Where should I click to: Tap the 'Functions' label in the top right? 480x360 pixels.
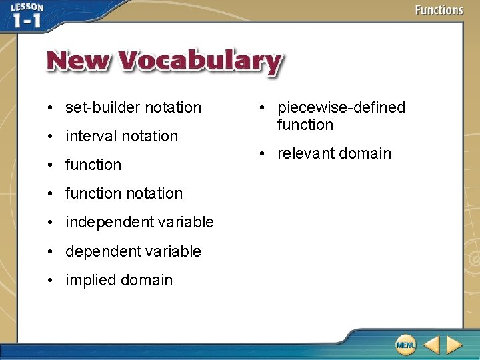point(438,10)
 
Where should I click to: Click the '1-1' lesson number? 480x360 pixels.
point(27,21)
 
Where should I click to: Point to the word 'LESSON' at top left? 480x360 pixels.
point(27,7)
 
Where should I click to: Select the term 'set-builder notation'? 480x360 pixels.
point(133,107)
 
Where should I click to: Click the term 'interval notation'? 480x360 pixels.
point(121,136)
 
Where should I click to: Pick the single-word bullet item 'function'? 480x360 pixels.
point(93,165)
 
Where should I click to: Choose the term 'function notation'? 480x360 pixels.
point(123,193)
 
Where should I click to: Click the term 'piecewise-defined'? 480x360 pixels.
point(341,107)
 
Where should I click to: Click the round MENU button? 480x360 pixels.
point(405,345)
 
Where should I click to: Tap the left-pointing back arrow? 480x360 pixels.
point(431,345)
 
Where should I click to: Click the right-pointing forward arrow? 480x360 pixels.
point(455,345)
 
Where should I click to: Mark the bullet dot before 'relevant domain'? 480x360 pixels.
point(265,154)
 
